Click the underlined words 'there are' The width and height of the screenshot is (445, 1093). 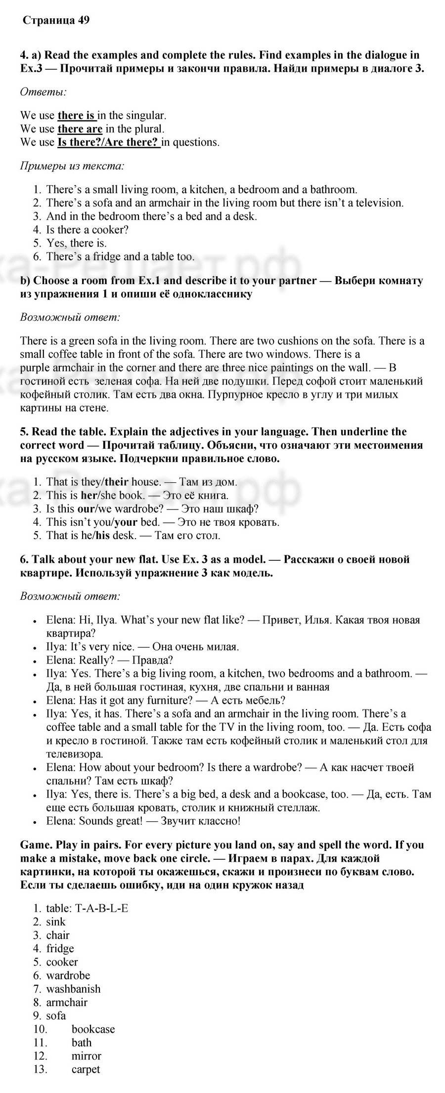click(80, 129)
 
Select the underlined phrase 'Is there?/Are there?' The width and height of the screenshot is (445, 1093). click(109, 142)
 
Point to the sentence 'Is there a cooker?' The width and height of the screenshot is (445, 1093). click(88, 230)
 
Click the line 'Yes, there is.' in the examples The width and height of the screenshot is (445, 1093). click(76, 243)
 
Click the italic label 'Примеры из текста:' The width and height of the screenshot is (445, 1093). click(72, 166)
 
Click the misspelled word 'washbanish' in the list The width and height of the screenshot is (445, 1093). click(73, 989)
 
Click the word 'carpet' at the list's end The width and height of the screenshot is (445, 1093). click(86, 1069)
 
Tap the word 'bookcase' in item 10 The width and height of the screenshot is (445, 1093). click(93, 1029)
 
